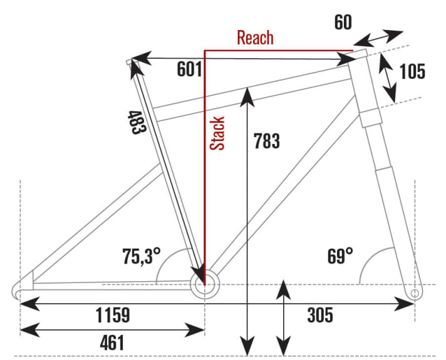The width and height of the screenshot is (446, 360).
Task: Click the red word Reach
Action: [255, 38]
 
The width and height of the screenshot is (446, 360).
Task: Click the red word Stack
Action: [217, 133]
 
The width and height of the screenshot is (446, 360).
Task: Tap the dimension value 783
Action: [267, 141]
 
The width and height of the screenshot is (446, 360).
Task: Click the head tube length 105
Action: [412, 71]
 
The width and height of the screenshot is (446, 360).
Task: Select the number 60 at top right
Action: [343, 23]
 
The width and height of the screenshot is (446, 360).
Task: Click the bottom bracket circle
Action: [205, 285]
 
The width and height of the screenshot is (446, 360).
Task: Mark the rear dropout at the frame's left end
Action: [19, 290]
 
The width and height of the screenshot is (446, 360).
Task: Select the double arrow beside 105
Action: [389, 77]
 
